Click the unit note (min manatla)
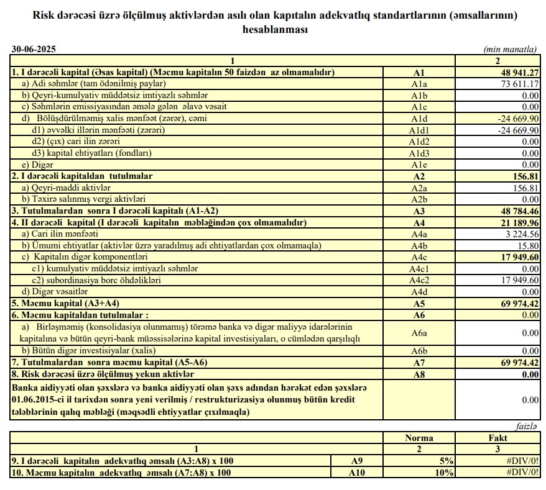pyautogui.click(x=509, y=49)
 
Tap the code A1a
pyautogui.click(x=419, y=84)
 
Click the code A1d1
pyautogui.click(x=419, y=130)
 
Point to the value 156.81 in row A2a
pyautogui.click(x=525, y=188)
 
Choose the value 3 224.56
pyautogui.click(x=519, y=234)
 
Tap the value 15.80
pyautogui.click(x=528, y=245)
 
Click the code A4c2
pyautogui.click(x=419, y=279)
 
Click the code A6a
pyautogui.click(x=419, y=333)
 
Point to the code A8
pyautogui.click(x=419, y=374)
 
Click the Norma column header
pyautogui.click(x=419, y=438)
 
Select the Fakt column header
pyautogui.click(x=497, y=438)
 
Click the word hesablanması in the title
pyautogui.click(x=273, y=29)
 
